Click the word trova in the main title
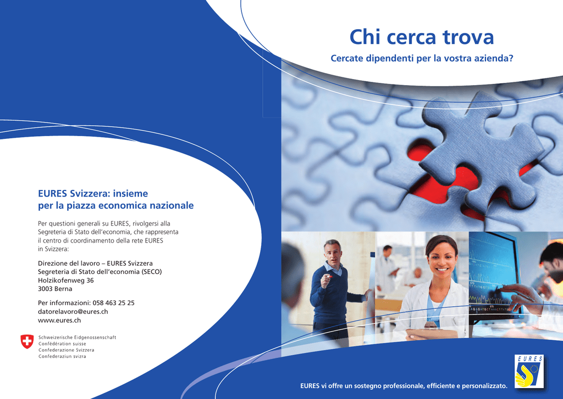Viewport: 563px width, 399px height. tap(468, 37)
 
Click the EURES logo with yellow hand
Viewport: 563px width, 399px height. tap(529, 372)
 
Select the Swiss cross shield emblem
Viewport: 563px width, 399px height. tap(27, 341)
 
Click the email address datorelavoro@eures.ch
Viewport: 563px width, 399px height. tap(73, 312)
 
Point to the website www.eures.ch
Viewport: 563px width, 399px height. tap(59, 320)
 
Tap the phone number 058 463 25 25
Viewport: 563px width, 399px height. tap(113, 303)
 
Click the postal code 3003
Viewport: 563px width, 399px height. tap(45, 289)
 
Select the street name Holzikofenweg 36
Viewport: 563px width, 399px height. tap(66, 280)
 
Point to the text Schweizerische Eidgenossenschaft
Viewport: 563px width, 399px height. tap(77, 338)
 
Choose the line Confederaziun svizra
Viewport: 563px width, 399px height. tap(62, 356)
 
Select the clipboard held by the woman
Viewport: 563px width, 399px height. tap(432, 334)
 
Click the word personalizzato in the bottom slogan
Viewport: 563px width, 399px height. tap(484, 386)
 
